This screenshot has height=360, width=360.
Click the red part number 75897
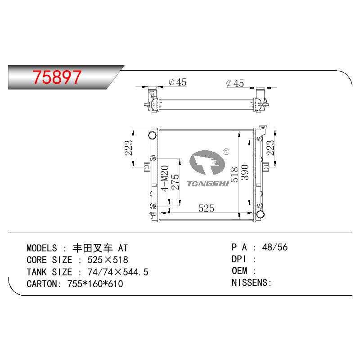tap(57, 77)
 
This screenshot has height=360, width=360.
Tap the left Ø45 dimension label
tap(177, 82)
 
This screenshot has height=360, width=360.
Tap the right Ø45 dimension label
tap(235, 83)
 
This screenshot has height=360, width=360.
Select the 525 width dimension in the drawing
tap(206, 208)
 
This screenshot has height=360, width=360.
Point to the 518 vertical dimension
tap(234, 175)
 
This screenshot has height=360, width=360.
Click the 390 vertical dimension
tap(245, 172)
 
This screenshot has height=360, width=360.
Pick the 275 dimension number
tap(175, 182)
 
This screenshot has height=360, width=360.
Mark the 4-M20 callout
tap(165, 178)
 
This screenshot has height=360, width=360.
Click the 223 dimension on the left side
tap(129, 148)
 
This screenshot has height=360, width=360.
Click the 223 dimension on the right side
tap(270, 148)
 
